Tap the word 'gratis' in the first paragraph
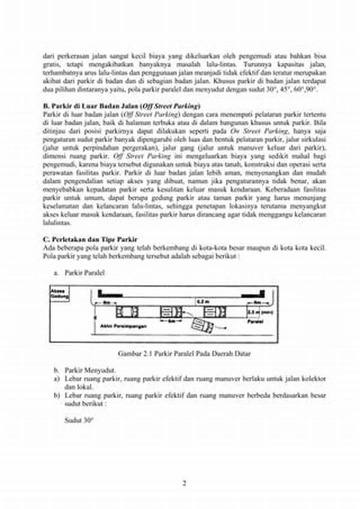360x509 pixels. click(x=52, y=64)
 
